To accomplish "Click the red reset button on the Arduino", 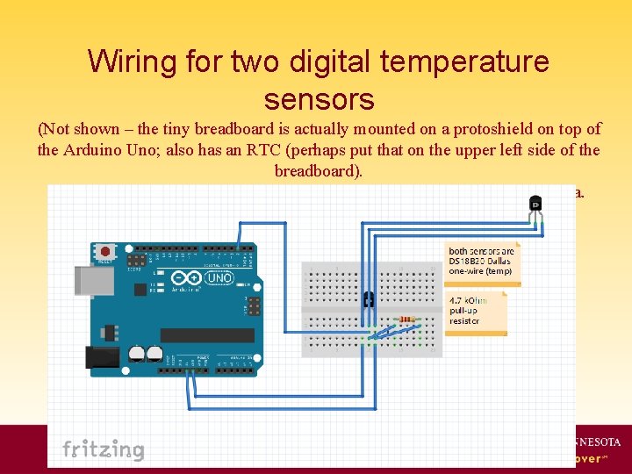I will pos(105,251).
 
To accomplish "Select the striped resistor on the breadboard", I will pos(406,320).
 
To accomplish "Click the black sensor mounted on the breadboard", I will pos(369,299).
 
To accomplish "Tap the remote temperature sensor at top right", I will pos(535,205).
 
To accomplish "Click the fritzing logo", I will pos(103,449).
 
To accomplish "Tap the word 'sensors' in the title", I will pos(319,98).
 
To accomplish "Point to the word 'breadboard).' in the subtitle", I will pos(318,170).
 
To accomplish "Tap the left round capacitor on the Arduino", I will pos(138,353).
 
